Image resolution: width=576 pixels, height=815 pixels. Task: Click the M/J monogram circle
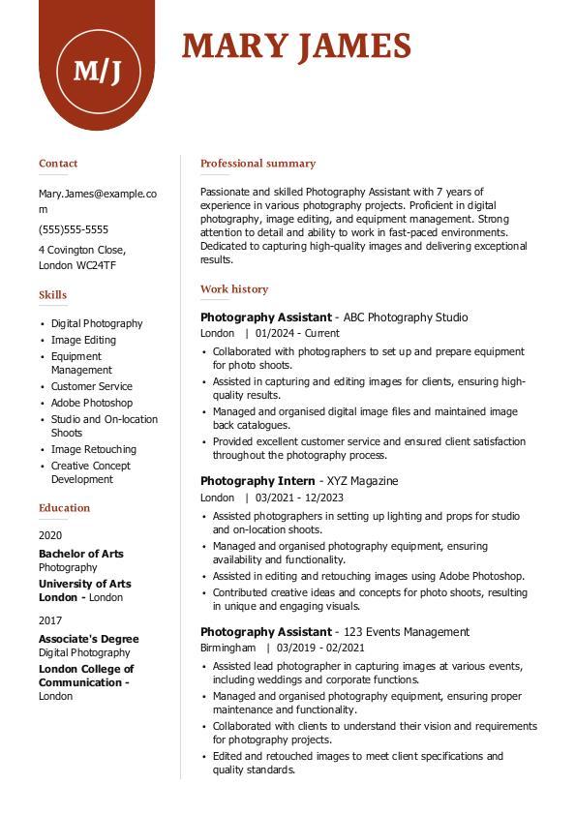pos(98,69)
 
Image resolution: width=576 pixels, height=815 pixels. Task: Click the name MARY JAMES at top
pos(296,46)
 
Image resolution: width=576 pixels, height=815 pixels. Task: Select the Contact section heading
pos(58,164)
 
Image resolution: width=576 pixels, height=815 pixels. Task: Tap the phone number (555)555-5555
pos(74,230)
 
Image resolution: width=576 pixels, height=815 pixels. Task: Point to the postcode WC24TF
pos(97,265)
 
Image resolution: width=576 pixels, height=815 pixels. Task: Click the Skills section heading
pos(53,295)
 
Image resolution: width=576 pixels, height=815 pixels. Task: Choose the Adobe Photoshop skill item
pos(92,403)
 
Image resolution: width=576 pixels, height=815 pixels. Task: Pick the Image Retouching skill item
pos(94,449)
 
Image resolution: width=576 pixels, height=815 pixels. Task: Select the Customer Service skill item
pos(92,386)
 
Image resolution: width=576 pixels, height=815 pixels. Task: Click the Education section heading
pos(64,508)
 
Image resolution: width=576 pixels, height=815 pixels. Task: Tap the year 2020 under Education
pos(50,534)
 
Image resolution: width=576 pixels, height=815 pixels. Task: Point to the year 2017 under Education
pos(50,620)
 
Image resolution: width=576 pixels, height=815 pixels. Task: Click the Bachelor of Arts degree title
pos(81,554)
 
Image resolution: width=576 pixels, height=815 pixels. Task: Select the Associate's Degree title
pos(89,639)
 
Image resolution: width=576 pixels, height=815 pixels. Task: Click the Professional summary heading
pos(258,164)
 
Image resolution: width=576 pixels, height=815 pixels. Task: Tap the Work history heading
pos(234,289)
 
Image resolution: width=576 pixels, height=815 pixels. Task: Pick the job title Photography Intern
pos(258,481)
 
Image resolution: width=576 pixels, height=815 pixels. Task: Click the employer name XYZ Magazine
pos(361,481)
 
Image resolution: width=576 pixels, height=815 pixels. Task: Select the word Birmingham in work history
pos(228,648)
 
